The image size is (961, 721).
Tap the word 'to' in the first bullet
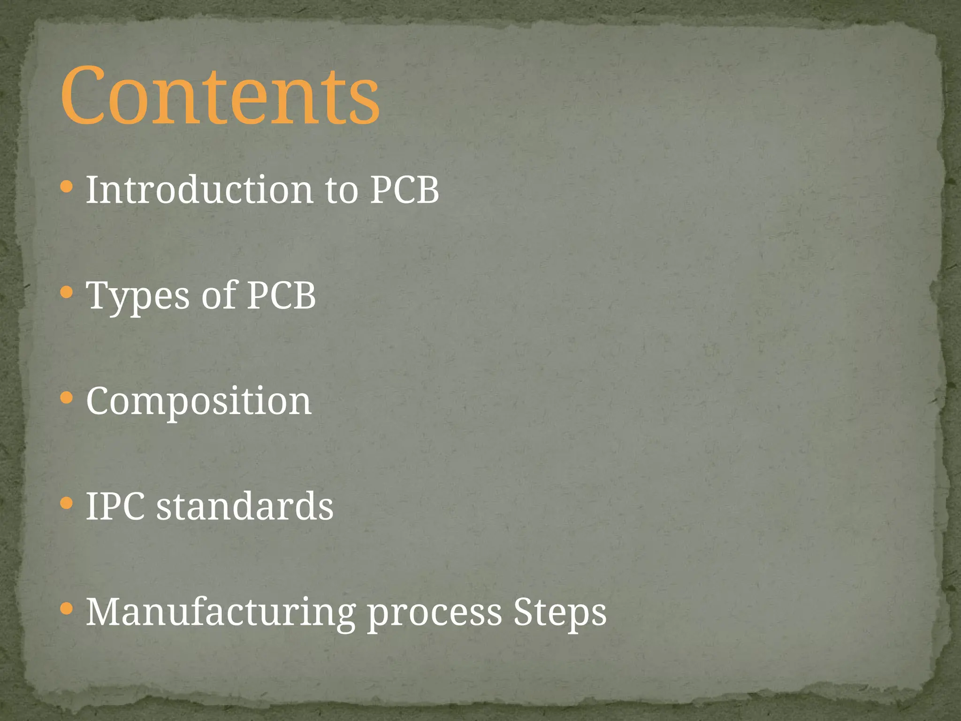coord(341,191)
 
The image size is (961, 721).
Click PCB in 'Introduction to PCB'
coord(404,190)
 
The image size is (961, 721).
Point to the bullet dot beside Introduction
coord(67,187)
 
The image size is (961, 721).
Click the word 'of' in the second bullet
coord(219,296)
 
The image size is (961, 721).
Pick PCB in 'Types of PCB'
coord(281,296)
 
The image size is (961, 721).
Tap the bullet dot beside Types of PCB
coord(67,293)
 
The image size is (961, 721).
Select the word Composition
coord(198,402)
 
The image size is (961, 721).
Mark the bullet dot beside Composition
coord(67,399)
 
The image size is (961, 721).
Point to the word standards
coord(244,506)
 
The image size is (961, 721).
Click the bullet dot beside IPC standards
coord(67,504)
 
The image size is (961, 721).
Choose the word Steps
coord(560,613)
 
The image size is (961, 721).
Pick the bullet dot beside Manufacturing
coord(67,609)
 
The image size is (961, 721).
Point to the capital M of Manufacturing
coord(104,612)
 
